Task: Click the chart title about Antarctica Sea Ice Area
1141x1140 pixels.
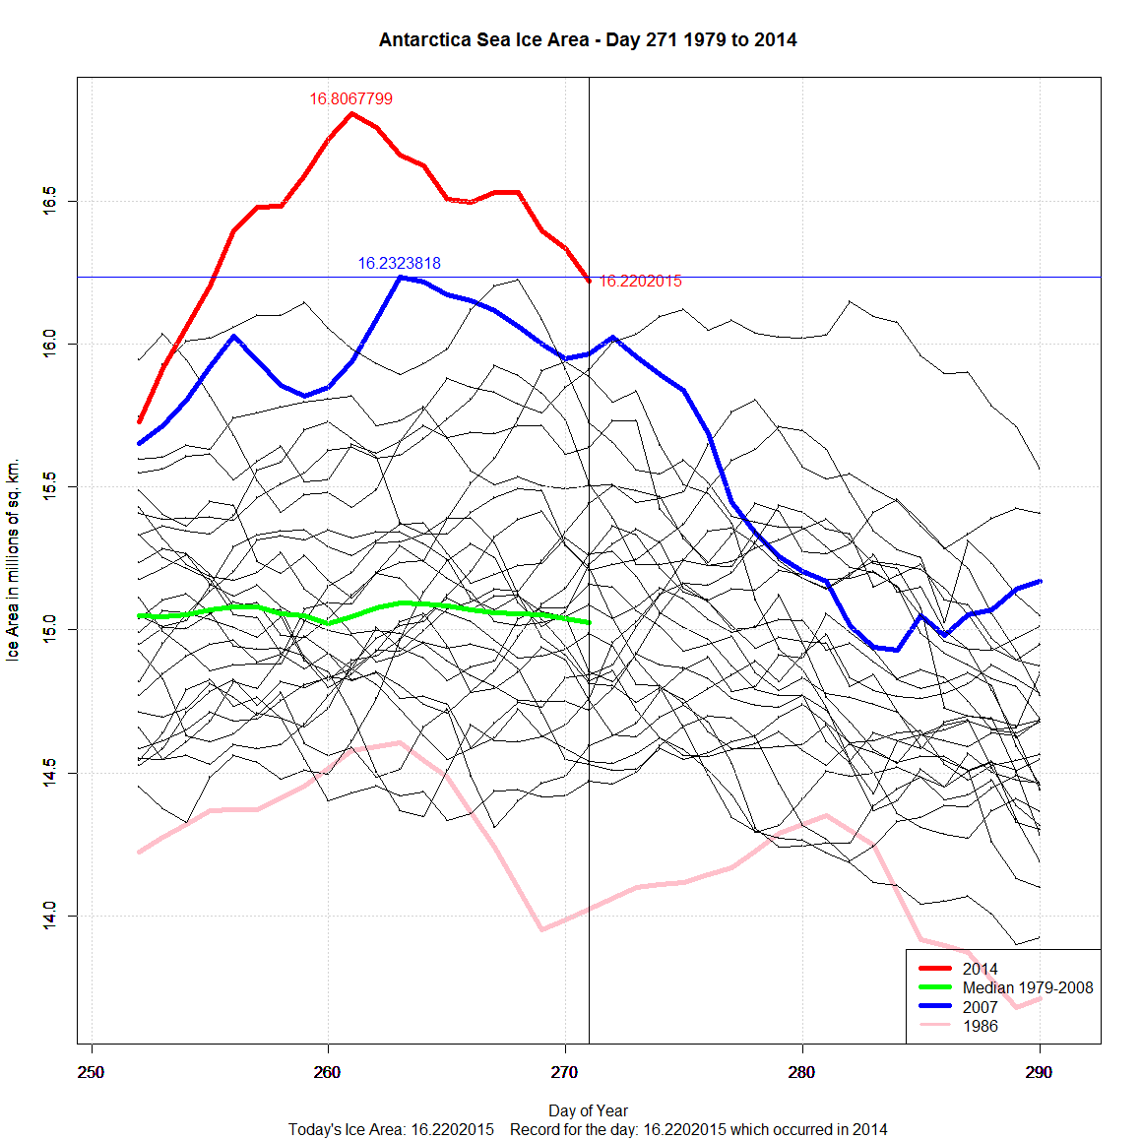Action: point(588,40)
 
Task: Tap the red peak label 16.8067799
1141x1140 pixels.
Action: point(350,98)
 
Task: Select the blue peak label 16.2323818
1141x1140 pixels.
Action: point(399,263)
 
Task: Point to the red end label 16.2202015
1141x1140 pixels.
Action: point(640,281)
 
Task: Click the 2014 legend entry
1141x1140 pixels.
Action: point(980,969)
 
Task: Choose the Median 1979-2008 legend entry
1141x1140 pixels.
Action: point(1027,987)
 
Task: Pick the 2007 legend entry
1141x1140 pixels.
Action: point(980,1007)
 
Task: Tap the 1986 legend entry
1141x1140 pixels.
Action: point(980,1026)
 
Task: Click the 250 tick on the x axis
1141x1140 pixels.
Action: point(92,1072)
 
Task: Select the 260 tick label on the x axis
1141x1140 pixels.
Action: point(328,1072)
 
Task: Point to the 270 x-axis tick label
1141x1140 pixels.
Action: point(565,1072)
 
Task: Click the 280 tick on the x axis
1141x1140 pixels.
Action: point(802,1072)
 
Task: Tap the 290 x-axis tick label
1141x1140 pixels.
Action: point(1039,1072)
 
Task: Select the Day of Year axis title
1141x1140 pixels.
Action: point(588,1110)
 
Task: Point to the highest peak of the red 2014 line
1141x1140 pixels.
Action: point(351,113)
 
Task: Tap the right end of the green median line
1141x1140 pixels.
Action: point(588,622)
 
